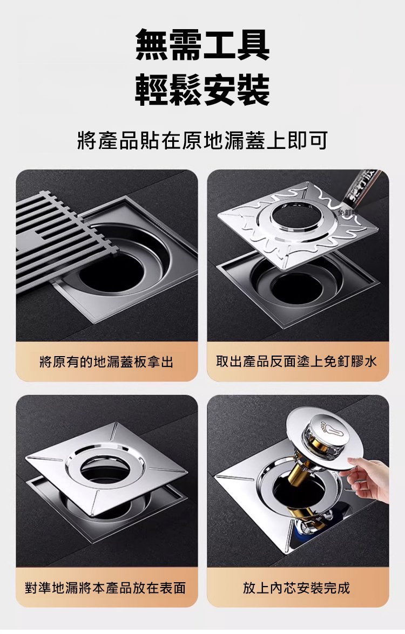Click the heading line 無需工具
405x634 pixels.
point(202,44)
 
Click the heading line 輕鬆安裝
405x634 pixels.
point(202,90)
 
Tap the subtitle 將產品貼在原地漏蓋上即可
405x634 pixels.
point(202,141)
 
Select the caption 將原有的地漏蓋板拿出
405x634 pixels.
point(107,362)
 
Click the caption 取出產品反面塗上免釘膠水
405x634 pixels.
point(297,362)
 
